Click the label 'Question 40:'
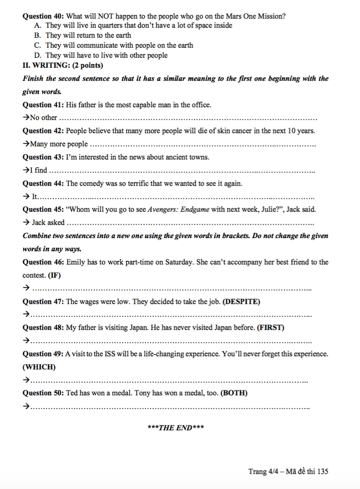pos(43,16)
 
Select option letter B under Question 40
pos(38,35)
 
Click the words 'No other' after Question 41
pos(43,117)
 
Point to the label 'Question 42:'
pos(43,131)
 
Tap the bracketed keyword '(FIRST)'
pos(271,328)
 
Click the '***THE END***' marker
pos(176,428)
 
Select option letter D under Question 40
pos(38,55)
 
